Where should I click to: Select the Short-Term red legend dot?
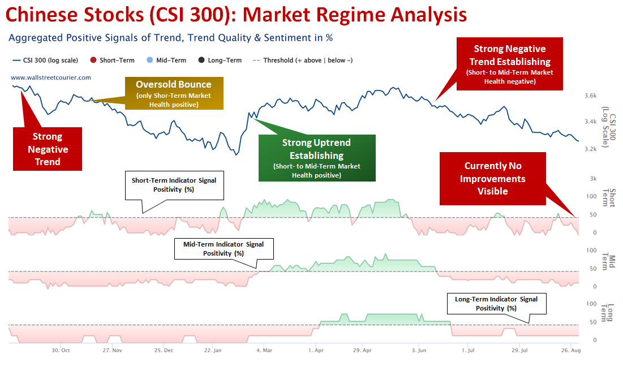93,60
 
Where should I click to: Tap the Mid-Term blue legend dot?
150,60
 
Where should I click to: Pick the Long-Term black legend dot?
201,60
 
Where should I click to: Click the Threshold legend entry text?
308,61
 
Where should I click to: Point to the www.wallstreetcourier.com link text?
51,77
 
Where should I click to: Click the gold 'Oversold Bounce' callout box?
174,93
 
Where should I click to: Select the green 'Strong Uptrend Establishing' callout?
317,158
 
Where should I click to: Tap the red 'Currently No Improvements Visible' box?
493,179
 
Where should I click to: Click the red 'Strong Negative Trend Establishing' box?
510,64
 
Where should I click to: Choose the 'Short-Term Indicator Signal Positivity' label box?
174,185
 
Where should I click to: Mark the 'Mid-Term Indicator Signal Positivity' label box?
224,249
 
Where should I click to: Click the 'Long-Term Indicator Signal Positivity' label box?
496,304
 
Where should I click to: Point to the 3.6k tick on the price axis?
590,96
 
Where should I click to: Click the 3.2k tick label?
590,149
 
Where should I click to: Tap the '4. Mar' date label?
264,351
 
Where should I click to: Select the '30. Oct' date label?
61,351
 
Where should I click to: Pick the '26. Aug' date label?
571,351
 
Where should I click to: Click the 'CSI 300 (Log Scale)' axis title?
609,127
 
